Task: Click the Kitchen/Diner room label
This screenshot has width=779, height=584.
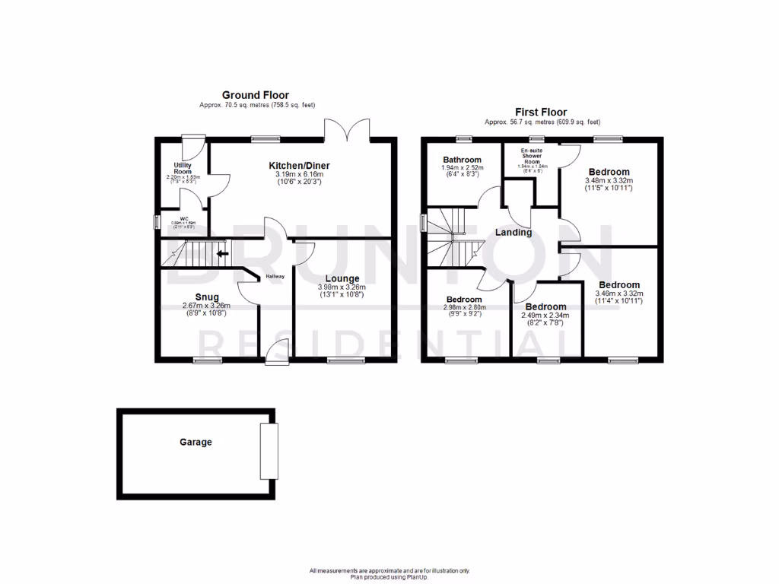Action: point(299,165)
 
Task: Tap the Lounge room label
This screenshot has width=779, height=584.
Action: point(342,278)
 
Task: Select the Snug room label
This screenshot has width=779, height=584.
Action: point(206,297)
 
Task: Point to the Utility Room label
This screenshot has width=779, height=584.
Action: point(182,168)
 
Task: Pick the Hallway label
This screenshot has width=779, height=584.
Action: point(275,276)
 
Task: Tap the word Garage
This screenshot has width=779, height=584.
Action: point(196,442)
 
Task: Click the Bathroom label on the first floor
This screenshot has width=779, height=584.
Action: point(463,160)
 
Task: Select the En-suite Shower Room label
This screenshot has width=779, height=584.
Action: point(532,156)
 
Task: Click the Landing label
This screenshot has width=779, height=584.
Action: point(514,232)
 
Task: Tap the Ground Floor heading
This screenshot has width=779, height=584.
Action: point(256,95)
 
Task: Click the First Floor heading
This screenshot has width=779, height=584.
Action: point(542,112)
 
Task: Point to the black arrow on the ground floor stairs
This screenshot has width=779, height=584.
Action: point(223,254)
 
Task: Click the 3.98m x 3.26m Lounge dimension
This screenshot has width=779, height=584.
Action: point(342,287)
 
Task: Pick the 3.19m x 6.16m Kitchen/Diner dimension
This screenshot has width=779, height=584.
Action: point(299,174)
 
